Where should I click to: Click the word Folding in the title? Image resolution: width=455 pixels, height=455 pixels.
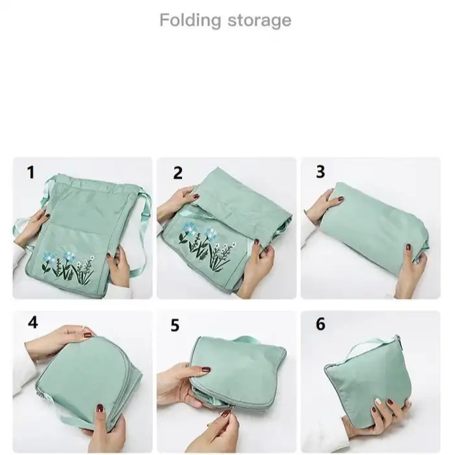click(x=189, y=20)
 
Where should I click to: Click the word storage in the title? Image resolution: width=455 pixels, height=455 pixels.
click(x=259, y=20)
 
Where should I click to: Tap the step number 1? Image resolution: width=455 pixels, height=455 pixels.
click(x=31, y=172)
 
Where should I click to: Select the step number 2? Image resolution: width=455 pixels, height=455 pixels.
click(x=177, y=173)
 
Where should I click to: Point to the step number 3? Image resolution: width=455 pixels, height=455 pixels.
click(x=320, y=172)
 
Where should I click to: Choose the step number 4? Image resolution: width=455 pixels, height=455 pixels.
click(x=32, y=322)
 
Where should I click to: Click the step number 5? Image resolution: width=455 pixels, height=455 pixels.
click(x=175, y=325)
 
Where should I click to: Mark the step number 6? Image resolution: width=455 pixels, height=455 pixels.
click(x=320, y=324)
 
